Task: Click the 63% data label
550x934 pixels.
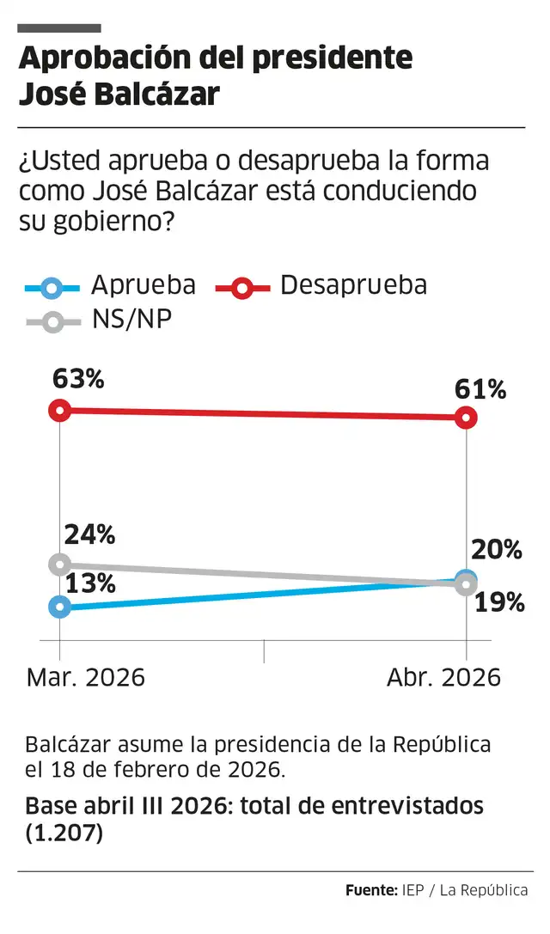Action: pyautogui.click(x=78, y=378)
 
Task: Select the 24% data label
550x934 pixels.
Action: pyautogui.click(x=90, y=534)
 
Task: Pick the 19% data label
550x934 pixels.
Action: pyautogui.click(x=499, y=602)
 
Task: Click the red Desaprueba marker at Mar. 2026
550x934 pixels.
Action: pyautogui.click(x=59, y=410)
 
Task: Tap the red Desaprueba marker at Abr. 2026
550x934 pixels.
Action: pyautogui.click(x=466, y=418)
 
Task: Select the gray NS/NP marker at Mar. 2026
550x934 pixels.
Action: pyautogui.click(x=59, y=565)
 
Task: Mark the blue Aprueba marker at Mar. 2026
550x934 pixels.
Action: pyautogui.click(x=59, y=607)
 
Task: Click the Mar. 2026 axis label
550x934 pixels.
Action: pyautogui.click(x=86, y=677)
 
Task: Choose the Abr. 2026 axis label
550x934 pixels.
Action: pyautogui.click(x=443, y=677)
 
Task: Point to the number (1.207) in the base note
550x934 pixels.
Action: pyautogui.click(x=64, y=833)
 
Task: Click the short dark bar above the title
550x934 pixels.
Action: pyautogui.click(x=59, y=28)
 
